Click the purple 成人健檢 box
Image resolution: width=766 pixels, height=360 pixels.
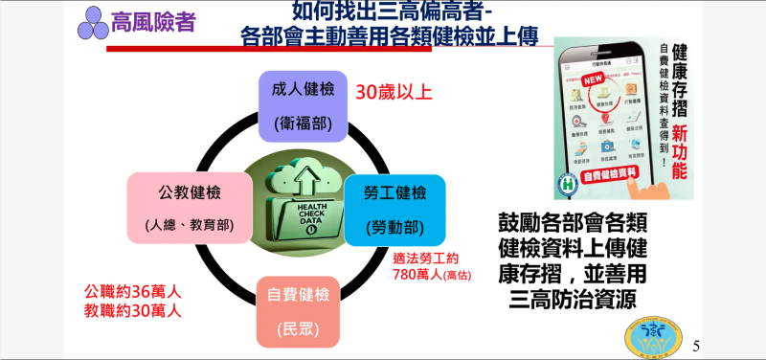(303, 104)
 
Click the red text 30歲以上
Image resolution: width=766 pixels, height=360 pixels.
(394, 93)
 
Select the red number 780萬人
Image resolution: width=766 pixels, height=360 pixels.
(417, 274)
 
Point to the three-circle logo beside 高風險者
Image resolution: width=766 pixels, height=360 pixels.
(93, 22)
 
